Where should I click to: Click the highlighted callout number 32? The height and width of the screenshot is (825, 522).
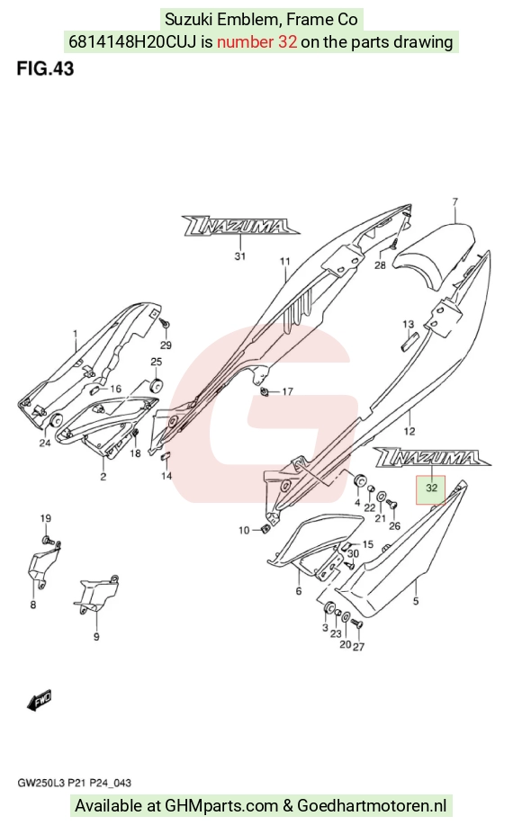(x=431, y=489)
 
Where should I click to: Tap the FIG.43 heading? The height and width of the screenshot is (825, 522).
(x=45, y=69)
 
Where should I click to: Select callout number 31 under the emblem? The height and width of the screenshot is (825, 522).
(x=240, y=256)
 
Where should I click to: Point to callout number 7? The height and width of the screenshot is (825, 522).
(x=454, y=202)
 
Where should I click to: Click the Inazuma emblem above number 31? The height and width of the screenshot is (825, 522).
(x=241, y=225)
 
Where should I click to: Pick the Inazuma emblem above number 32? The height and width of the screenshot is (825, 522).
(x=431, y=457)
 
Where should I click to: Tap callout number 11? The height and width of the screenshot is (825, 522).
(x=284, y=262)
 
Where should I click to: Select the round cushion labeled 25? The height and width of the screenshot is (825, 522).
(x=157, y=385)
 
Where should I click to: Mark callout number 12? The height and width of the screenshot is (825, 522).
(x=409, y=432)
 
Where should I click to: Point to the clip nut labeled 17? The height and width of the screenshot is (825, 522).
(x=265, y=392)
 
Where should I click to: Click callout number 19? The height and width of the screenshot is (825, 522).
(x=46, y=518)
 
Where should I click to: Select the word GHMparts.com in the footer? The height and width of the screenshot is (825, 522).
(x=221, y=805)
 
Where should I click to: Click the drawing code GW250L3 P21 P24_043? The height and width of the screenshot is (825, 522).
(x=74, y=783)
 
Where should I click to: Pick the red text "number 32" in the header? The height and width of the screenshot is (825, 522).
(x=256, y=42)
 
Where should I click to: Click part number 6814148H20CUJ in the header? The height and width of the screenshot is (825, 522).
(x=132, y=42)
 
